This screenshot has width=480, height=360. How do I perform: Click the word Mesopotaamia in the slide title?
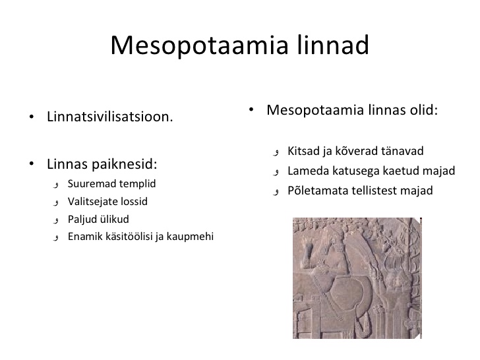(199, 45)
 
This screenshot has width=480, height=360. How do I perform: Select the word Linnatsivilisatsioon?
(110, 117)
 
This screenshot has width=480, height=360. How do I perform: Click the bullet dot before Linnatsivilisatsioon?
(32, 117)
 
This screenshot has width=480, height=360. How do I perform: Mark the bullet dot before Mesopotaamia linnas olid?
(251, 110)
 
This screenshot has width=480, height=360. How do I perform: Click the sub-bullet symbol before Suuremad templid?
(55, 185)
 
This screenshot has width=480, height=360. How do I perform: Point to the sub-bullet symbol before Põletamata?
(276, 192)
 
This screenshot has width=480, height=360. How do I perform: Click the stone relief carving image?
(357, 278)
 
